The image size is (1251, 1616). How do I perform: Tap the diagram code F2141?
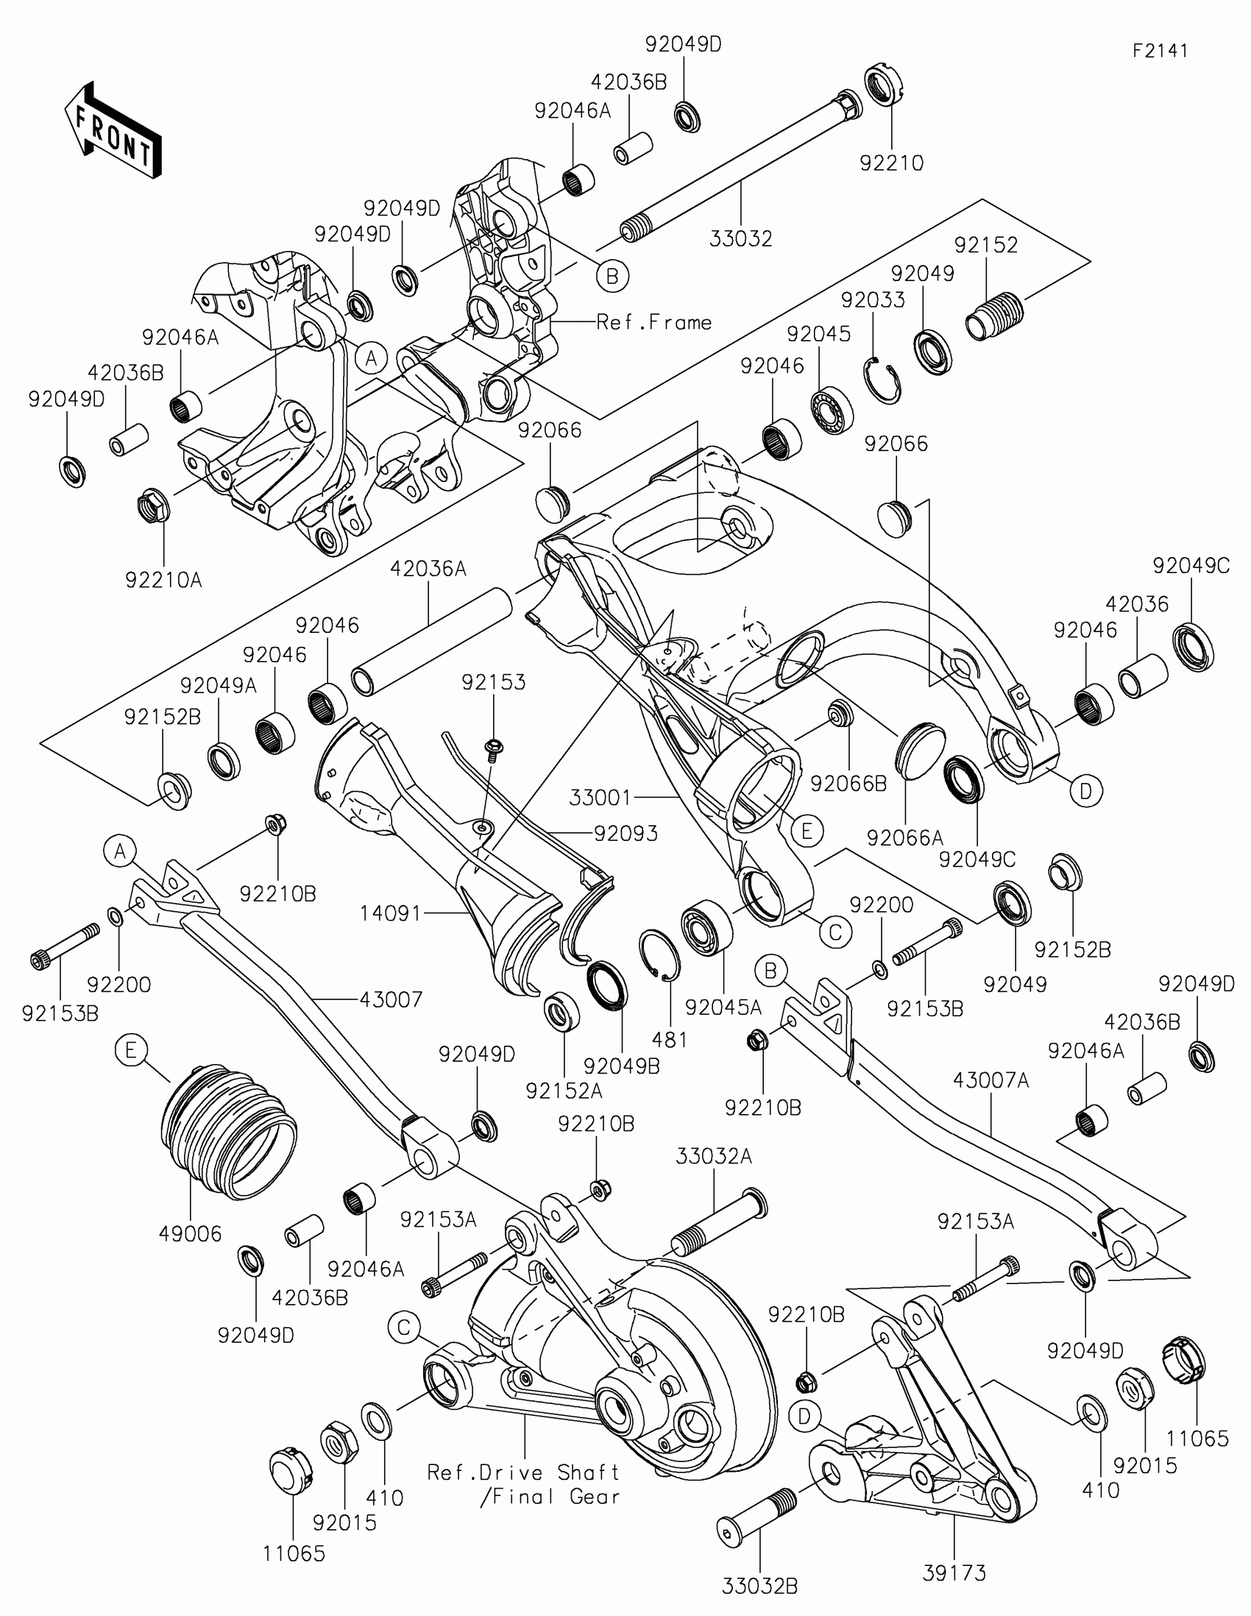tap(1160, 51)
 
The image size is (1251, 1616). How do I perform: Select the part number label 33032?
tap(740, 239)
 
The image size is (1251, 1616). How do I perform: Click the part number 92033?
tap(872, 300)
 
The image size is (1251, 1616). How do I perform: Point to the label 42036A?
tap(428, 569)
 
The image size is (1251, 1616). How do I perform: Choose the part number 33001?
tap(600, 798)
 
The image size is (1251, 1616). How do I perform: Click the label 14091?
tap(390, 914)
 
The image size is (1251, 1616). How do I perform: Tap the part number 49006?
tap(190, 1233)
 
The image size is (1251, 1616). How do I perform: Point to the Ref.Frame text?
tap(654, 322)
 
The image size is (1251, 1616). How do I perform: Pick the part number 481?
tap(670, 1040)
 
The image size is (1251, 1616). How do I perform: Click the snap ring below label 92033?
tap(882, 380)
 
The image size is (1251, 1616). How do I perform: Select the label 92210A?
tap(163, 580)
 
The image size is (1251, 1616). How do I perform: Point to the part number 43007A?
tap(990, 1081)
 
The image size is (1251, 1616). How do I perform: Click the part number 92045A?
tap(723, 1007)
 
